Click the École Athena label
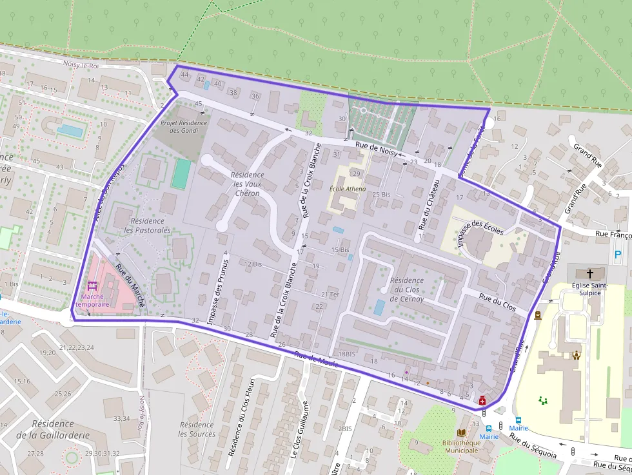pyautogui.click(x=348, y=189)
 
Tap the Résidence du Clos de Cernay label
pyautogui.click(x=407, y=289)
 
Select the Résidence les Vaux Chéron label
pyautogui.click(x=248, y=184)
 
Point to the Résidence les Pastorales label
pyautogui.click(x=147, y=225)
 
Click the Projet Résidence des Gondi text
pyautogui.click(x=184, y=126)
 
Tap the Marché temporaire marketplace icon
pyautogui.click(x=91, y=286)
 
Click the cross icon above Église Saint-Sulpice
pyautogui.click(x=589, y=273)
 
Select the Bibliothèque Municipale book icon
pyautogui.click(x=461, y=432)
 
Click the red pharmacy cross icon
pyautogui.click(x=482, y=401)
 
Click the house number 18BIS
pyautogui.click(x=346, y=354)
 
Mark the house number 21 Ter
pyautogui.click(x=330, y=294)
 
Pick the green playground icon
pyautogui.click(x=544, y=400)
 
